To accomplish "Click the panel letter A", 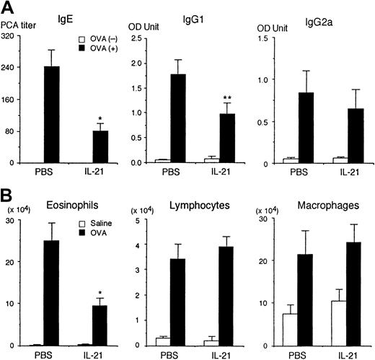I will click(9, 9).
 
